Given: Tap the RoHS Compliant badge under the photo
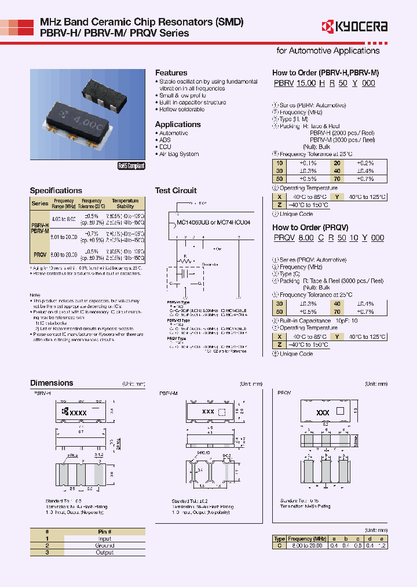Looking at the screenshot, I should point(131,166).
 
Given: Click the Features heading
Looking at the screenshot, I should point(171,73).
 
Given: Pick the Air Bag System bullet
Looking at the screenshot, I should point(179,154).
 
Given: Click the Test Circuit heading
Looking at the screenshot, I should point(175,190).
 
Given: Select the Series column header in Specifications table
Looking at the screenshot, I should point(40,204).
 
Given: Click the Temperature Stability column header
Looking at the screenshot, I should point(125,203).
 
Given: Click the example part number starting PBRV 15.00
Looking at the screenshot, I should point(324,84).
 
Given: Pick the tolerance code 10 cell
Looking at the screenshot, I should point(280,164).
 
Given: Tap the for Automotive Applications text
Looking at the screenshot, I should point(328,50).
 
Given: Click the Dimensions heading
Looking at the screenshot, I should point(52,383).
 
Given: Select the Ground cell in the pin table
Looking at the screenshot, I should point(105,545).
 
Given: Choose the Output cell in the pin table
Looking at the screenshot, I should point(105,552).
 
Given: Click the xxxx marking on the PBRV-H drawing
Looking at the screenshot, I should point(77,412).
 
